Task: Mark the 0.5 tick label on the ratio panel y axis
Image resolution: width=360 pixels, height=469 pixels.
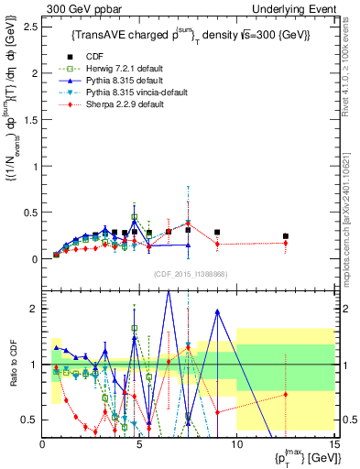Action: point(29,420)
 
